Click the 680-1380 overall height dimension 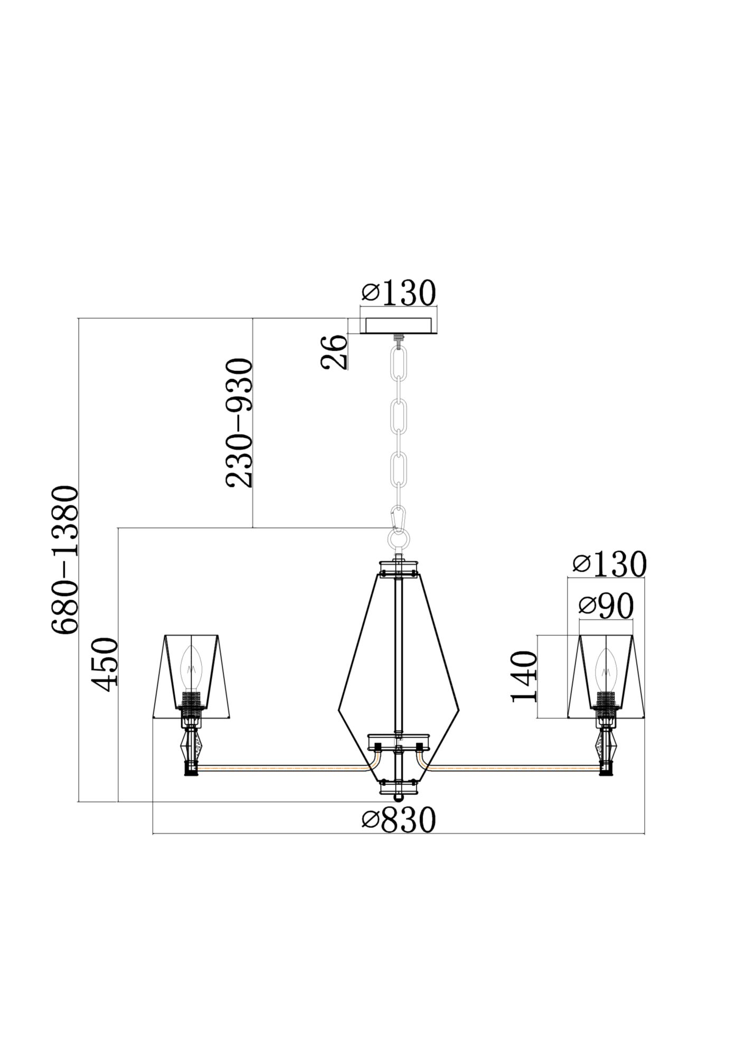(66, 560)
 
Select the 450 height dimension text (104, 664)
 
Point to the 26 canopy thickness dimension (334, 352)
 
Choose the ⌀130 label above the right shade (609, 564)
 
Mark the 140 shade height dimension (524, 677)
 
